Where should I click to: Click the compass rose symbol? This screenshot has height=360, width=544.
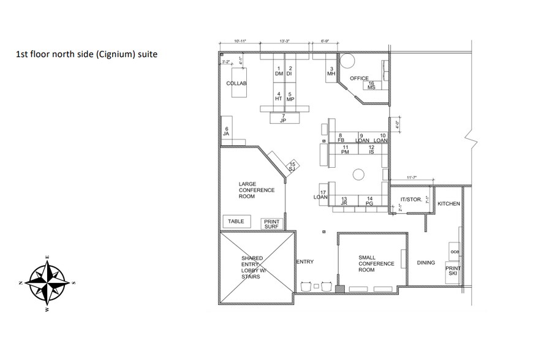pos(48,281)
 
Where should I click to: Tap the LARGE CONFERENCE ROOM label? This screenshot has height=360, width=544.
pos(257,190)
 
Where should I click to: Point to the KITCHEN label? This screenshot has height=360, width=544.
pos(448,203)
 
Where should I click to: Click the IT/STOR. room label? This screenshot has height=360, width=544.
pos(410,200)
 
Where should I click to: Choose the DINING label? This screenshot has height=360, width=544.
pos(426,263)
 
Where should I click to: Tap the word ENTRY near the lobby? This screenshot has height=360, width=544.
pos(305,262)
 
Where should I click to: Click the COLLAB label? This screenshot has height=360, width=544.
pos(236,83)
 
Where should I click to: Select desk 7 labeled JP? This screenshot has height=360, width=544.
pos(283,118)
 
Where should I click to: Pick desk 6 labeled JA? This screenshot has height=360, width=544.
pos(226,130)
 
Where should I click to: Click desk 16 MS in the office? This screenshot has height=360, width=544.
pos(371,85)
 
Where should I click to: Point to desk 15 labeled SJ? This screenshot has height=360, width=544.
pos(293,167)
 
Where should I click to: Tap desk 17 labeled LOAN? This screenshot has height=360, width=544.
pos(320,195)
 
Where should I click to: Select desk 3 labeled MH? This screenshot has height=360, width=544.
pos(331,72)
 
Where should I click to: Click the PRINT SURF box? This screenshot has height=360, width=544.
pos(271,223)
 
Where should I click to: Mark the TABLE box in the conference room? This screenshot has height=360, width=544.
pos(236,222)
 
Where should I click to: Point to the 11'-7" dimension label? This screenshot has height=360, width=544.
pos(411,178)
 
